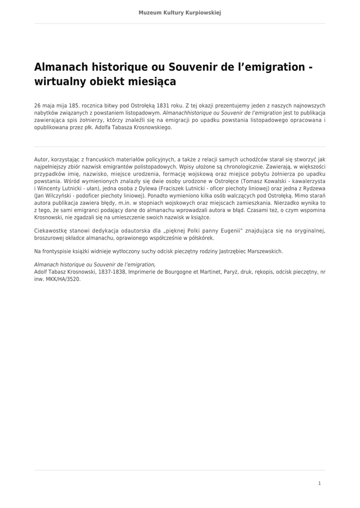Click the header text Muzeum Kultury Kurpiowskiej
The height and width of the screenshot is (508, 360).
[x=180, y=12]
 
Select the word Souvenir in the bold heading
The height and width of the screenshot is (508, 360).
[x=191, y=66]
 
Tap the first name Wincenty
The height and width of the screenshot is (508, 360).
[x=51, y=189]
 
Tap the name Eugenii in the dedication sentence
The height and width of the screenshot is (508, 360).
[x=227, y=231]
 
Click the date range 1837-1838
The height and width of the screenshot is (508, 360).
[x=110, y=272]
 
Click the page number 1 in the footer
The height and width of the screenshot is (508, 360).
[x=319, y=483]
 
